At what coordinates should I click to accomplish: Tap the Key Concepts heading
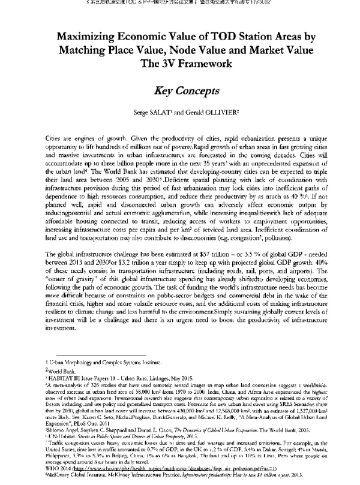(179, 91)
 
